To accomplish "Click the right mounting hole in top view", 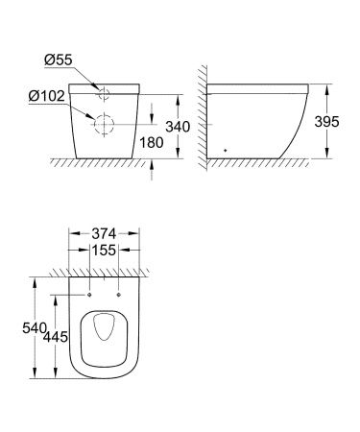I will click(119, 291).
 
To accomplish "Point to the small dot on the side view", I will click(225, 150).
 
